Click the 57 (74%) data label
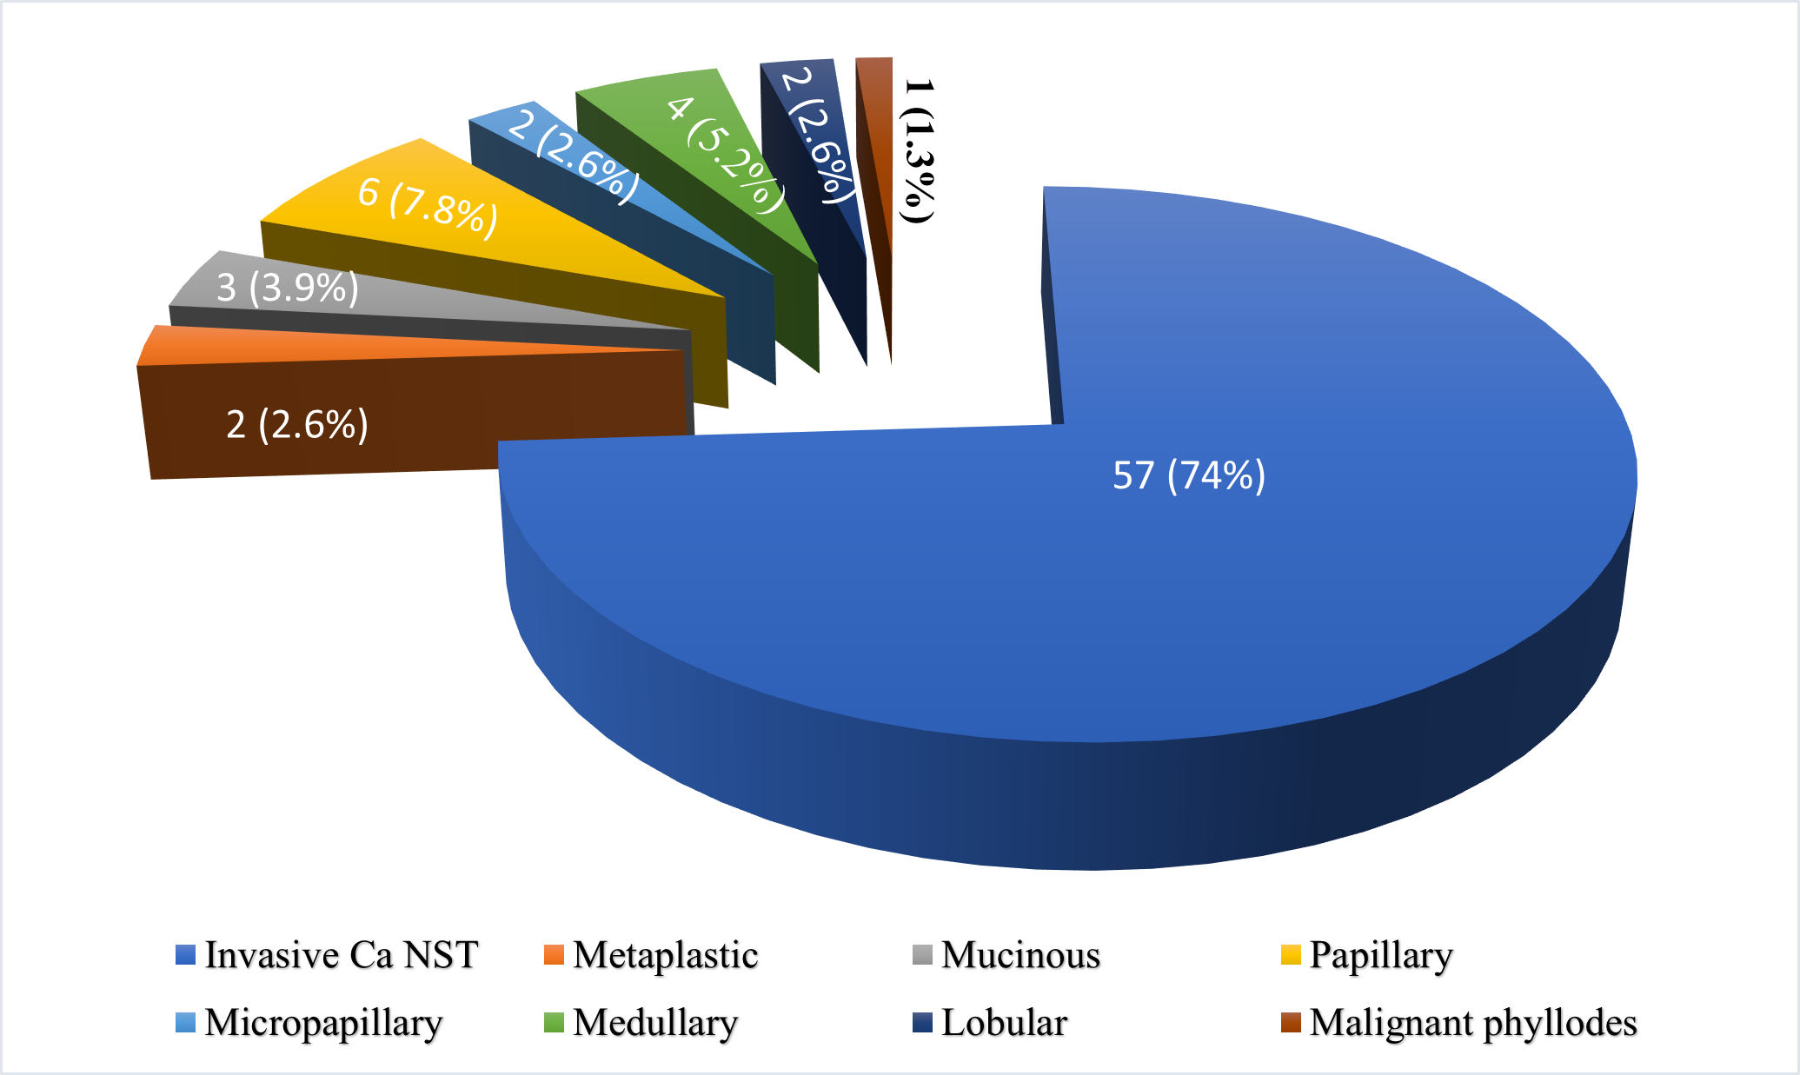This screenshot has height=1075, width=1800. (1188, 475)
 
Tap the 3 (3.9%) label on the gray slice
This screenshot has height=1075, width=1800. (287, 288)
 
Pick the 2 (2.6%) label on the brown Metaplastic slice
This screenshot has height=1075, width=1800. (297, 425)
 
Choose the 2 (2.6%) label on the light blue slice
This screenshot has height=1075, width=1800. (573, 155)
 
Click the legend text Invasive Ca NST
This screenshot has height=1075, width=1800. (341, 955)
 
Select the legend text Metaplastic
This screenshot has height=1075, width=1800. (665, 955)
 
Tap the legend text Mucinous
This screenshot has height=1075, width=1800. (1020, 955)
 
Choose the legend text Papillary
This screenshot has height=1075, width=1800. (1380, 955)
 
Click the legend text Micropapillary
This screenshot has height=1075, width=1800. (323, 1023)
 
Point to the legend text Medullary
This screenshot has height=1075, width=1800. (655, 1023)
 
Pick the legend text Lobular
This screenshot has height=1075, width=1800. (1004, 1023)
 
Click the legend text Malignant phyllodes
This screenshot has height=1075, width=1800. (1473, 1023)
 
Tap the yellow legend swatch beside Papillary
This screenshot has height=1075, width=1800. (1291, 954)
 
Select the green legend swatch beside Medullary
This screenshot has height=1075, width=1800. (554, 1022)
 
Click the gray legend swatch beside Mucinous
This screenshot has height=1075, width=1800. (922, 954)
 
